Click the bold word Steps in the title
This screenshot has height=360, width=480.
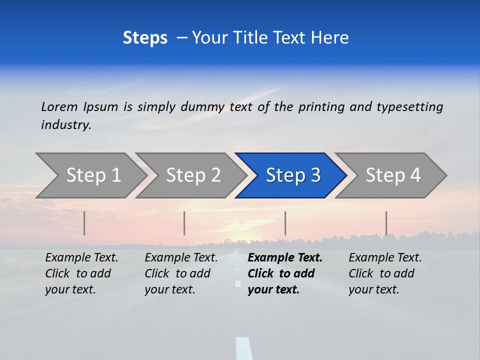145,38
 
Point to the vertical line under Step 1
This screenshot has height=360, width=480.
84,223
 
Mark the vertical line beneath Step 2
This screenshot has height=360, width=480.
184,223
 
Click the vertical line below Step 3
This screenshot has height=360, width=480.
285,223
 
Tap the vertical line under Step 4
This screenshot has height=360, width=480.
386,223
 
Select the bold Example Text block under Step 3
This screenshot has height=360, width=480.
285,273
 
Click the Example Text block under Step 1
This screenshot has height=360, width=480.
81,273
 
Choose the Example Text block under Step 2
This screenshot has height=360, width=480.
181,273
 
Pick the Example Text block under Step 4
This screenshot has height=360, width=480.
385,273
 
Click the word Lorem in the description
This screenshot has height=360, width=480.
59,107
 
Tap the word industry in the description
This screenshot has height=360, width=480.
65,125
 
